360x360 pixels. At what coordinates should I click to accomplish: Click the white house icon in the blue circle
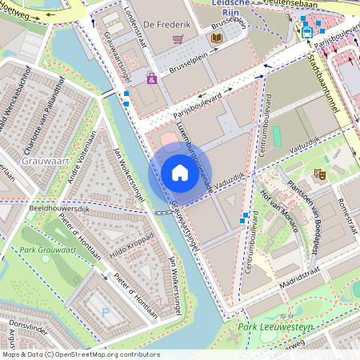[x=180, y=173]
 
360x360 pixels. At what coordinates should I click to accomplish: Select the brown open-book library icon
[x=217, y=38]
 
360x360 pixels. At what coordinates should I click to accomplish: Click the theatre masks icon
[x=319, y=173]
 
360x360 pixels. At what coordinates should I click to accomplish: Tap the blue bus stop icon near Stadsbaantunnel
[x=307, y=33]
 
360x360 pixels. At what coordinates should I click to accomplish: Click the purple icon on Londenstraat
[x=151, y=78]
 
